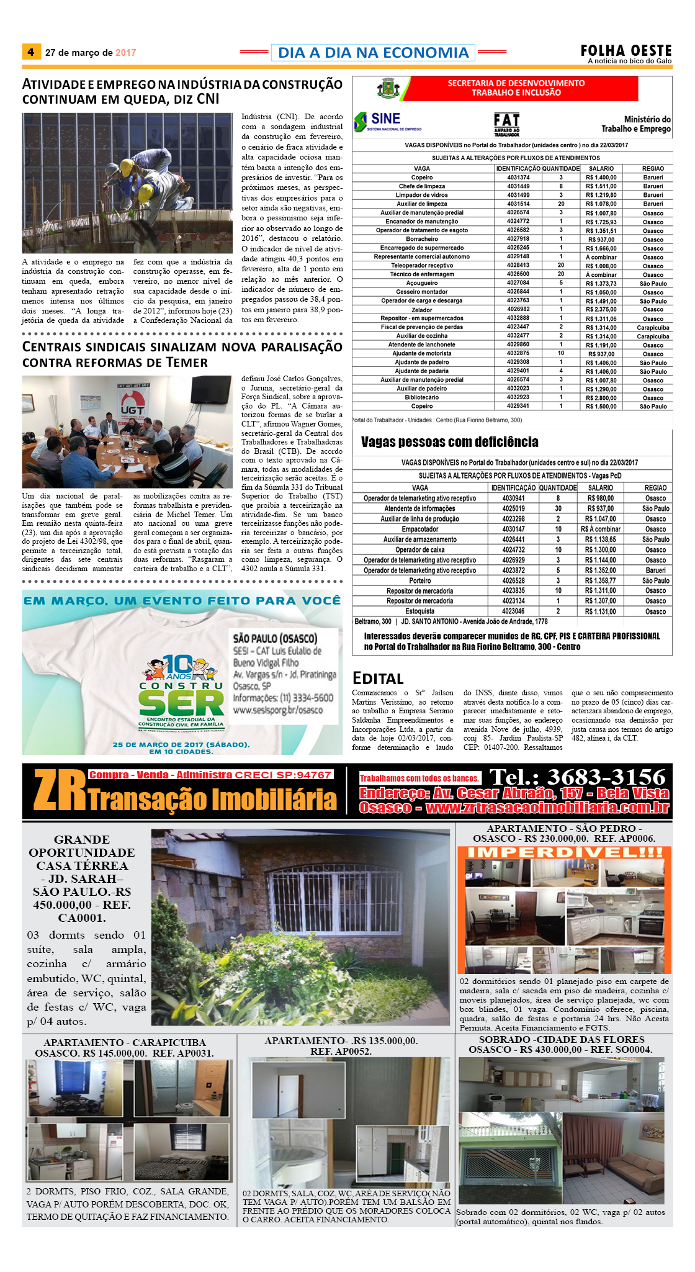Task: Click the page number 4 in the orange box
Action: (30, 52)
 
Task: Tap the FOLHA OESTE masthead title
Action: (625, 50)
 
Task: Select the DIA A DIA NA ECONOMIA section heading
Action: (373, 53)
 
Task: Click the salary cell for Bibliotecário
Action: (601, 397)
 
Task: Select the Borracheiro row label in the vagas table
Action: (421, 239)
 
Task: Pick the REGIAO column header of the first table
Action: (653, 168)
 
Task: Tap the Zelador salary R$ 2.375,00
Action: (601, 310)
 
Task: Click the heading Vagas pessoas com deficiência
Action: (449, 442)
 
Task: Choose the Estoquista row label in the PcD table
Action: (419, 611)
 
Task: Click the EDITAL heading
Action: (378, 679)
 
